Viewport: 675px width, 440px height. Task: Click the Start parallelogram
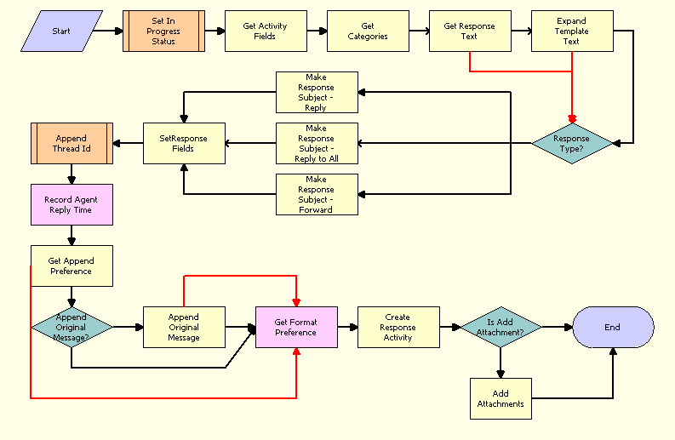[x=62, y=31]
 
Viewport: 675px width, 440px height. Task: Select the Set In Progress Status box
[x=163, y=31]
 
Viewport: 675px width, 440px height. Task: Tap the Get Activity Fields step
[x=266, y=31]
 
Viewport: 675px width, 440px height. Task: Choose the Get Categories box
[x=368, y=31]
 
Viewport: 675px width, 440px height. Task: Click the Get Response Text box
[x=470, y=31]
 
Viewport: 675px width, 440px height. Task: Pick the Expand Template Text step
[x=572, y=31]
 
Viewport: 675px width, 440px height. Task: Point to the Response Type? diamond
[x=572, y=144]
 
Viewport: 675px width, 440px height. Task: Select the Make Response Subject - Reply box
[x=317, y=92]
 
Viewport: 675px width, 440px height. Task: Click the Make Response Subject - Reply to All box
[x=317, y=143]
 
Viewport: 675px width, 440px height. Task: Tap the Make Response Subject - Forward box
[x=317, y=194]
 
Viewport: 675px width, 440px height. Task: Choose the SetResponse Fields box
[x=184, y=143]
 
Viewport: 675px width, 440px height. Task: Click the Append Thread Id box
[x=72, y=143]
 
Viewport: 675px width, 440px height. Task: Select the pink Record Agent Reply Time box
[x=72, y=204]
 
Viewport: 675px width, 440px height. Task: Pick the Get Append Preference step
[x=72, y=266]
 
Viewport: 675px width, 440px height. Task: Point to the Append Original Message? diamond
[x=72, y=327]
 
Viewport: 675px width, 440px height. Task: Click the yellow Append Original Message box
[x=184, y=327]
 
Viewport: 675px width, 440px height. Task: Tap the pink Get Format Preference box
[x=296, y=327]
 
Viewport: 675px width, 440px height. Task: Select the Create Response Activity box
[x=398, y=327]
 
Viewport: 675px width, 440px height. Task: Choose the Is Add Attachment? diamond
[x=501, y=327]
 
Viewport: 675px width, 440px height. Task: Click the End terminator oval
[x=613, y=327]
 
